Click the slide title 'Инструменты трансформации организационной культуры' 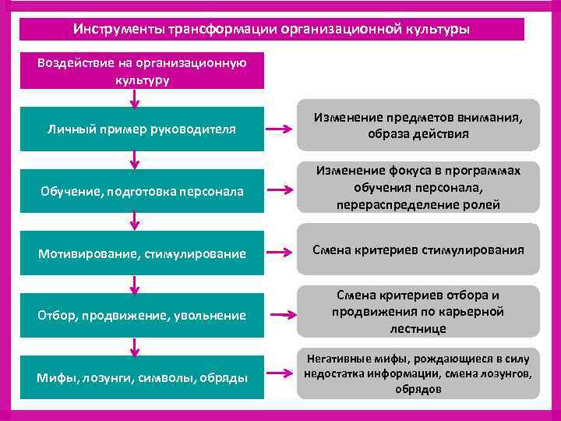[x=272, y=29]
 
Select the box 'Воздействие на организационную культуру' [x=142, y=71]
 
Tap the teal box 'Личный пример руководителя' [x=142, y=128]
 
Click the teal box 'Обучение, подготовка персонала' [x=142, y=191]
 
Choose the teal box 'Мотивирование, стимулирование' [x=142, y=253]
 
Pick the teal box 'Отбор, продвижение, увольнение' [x=142, y=315]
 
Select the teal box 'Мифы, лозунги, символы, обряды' [x=142, y=377]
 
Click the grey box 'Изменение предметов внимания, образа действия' [x=418, y=125]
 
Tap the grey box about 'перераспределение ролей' [x=418, y=188]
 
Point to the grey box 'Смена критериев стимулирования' [x=418, y=250]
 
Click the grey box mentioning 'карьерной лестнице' [x=418, y=312]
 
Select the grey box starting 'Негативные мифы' [x=418, y=373]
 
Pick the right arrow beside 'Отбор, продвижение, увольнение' [x=280, y=315]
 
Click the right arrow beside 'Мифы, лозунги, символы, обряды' [x=280, y=377]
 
